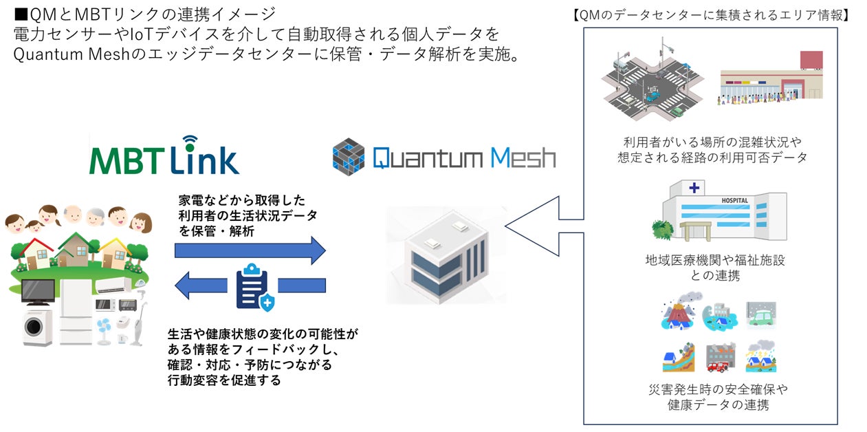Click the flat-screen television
pos(39,292)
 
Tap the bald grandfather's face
pos(72,215)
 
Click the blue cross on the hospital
pos(694,188)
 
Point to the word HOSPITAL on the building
pos(734,200)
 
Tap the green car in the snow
pos(762,318)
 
